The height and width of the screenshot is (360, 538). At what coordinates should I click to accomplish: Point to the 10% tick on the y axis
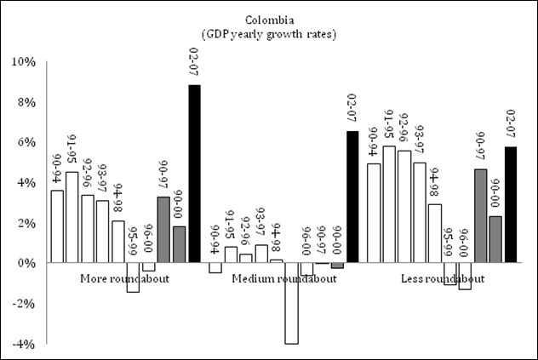coord(22,62)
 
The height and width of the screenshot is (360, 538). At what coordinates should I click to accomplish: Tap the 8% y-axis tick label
coord(25,102)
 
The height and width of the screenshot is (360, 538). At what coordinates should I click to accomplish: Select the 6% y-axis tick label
coord(25,142)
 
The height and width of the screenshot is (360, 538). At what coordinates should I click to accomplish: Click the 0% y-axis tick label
coord(25,263)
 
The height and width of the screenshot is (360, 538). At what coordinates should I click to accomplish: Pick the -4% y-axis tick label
coord(22,343)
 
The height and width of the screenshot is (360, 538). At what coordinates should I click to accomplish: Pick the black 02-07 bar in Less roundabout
coord(511,205)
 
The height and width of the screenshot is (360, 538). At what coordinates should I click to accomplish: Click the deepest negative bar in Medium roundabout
coord(291,302)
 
